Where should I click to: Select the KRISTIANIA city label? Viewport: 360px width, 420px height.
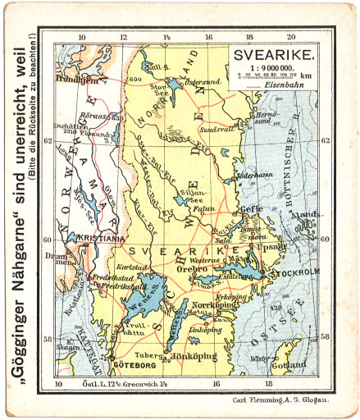pyautogui.click(x=97, y=239)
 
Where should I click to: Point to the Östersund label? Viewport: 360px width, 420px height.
pyautogui.click(x=203, y=83)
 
